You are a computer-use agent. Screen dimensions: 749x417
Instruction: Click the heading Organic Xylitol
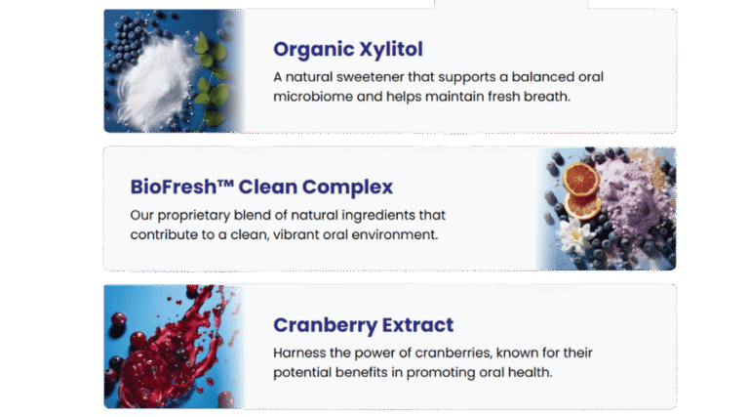pos(348,50)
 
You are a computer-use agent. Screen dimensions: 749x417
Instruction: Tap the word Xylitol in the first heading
pos(391,50)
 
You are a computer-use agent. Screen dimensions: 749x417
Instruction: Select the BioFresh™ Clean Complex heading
pos(261,187)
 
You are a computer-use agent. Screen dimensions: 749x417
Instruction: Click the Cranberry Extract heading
pos(363,325)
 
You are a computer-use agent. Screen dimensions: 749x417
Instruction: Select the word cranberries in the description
pos(453,354)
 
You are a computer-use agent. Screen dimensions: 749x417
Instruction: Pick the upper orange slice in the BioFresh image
pos(580,179)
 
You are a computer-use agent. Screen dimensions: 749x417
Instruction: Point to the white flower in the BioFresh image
pos(575,235)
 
